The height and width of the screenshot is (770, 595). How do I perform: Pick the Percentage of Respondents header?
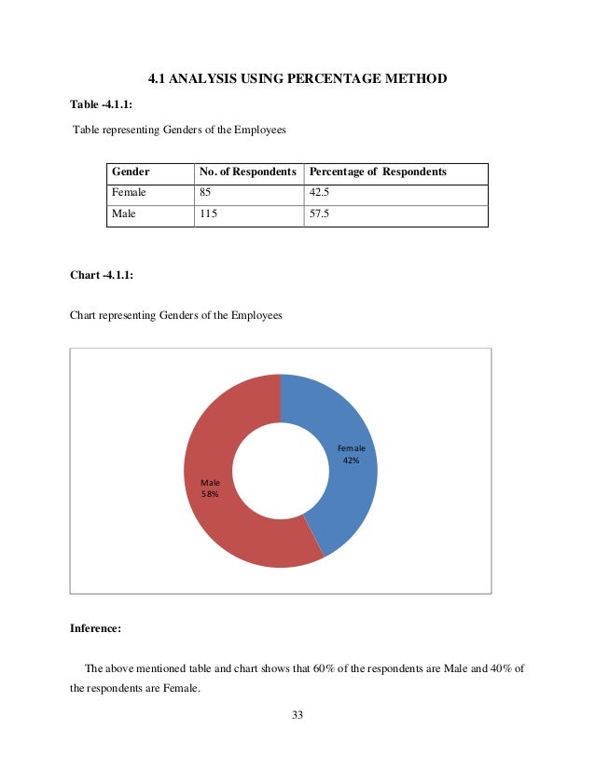tap(378, 172)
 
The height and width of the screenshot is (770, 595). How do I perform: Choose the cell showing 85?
tap(205, 194)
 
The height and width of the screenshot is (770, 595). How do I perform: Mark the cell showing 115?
tap(208, 215)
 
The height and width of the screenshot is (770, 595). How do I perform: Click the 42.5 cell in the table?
tap(320, 194)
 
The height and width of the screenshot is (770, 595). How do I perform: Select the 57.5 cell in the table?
tap(320, 215)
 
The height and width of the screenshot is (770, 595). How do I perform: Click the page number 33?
tap(297, 715)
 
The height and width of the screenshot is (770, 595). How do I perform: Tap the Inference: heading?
tap(95, 628)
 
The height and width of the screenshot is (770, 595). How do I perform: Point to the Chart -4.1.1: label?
tap(102, 275)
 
